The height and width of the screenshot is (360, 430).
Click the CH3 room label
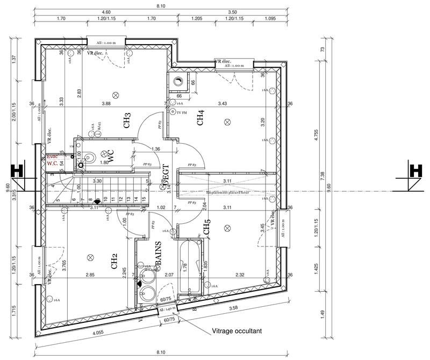click(127, 120)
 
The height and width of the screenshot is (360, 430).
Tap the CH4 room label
click(200, 118)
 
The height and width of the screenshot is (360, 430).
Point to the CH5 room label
click(206, 228)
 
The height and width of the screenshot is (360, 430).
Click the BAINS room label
click(159, 252)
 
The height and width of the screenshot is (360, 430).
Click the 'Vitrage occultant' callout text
click(237, 332)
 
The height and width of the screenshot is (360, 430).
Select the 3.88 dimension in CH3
click(105, 103)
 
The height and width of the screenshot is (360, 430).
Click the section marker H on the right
click(414, 173)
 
